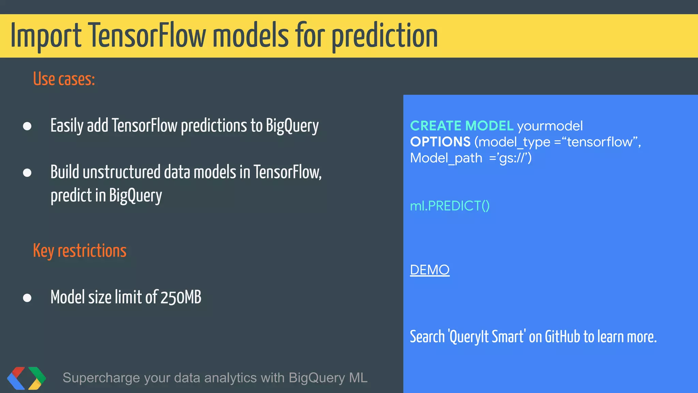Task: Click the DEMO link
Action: pyautogui.click(x=429, y=270)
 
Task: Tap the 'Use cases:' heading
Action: pyautogui.click(x=64, y=79)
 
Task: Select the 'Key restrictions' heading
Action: pyautogui.click(x=79, y=251)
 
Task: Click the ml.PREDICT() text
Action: pyautogui.click(x=450, y=206)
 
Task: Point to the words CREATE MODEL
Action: pyautogui.click(x=461, y=126)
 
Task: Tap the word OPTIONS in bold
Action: pyautogui.click(x=440, y=142)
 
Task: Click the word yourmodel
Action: pyautogui.click(x=550, y=126)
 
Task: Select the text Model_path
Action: pyautogui.click(x=446, y=158)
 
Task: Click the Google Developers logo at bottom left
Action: pyautogui.click(x=27, y=378)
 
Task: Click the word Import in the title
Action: pyautogui.click(x=46, y=36)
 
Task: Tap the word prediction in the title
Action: pyautogui.click(x=385, y=36)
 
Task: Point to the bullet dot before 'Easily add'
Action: pyautogui.click(x=27, y=126)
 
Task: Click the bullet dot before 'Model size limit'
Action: pyautogui.click(x=27, y=298)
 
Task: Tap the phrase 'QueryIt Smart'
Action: pyautogui.click(x=487, y=337)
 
